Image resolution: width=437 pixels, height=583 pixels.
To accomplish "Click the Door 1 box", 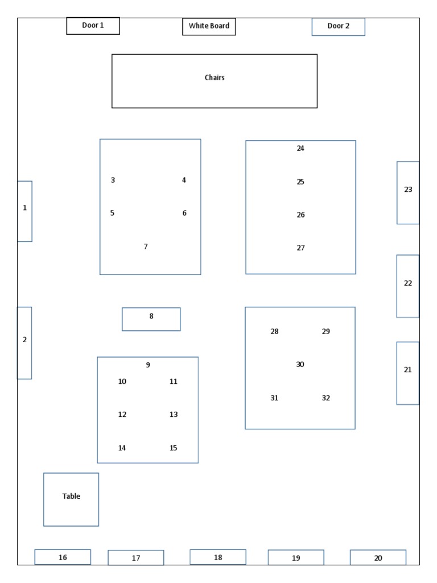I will (x=93, y=26).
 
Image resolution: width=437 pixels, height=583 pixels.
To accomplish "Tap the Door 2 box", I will (x=338, y=26).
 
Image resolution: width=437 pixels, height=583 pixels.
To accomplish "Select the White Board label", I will (x=209, y=26).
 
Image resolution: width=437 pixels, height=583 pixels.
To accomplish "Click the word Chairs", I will (x=215, y=77).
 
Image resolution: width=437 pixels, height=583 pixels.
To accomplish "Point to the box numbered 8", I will (x=151, y=319).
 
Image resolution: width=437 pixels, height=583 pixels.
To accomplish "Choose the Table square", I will (x=71, y=499).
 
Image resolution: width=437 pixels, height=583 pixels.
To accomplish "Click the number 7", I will (x=146, y=247).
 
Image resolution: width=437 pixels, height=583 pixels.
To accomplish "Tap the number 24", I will (x=300, y=149).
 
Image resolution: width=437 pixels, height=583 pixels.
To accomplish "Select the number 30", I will (x=300, y=364).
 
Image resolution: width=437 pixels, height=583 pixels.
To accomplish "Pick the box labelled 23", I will (x=408, y=192).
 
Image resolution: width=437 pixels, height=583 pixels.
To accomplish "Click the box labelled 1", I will (x=24, y=211).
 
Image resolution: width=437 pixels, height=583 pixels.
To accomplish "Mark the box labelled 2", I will (x=24, y=342).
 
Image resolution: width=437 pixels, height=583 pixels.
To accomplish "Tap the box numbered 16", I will (x=63, y=557).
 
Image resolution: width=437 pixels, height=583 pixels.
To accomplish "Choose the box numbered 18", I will (x=218, y=557).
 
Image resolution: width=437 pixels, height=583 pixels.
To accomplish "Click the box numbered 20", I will (x=378, y=557).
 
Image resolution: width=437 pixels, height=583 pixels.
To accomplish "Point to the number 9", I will (x=148, y=365).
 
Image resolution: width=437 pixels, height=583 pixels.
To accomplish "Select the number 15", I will (x=174, y=448).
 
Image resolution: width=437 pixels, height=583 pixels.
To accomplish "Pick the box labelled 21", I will (x=407, y=373).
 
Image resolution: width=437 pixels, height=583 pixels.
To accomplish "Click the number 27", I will (x=300, y=248).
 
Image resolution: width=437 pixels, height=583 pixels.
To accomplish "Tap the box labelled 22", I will (x=407, y=286).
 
